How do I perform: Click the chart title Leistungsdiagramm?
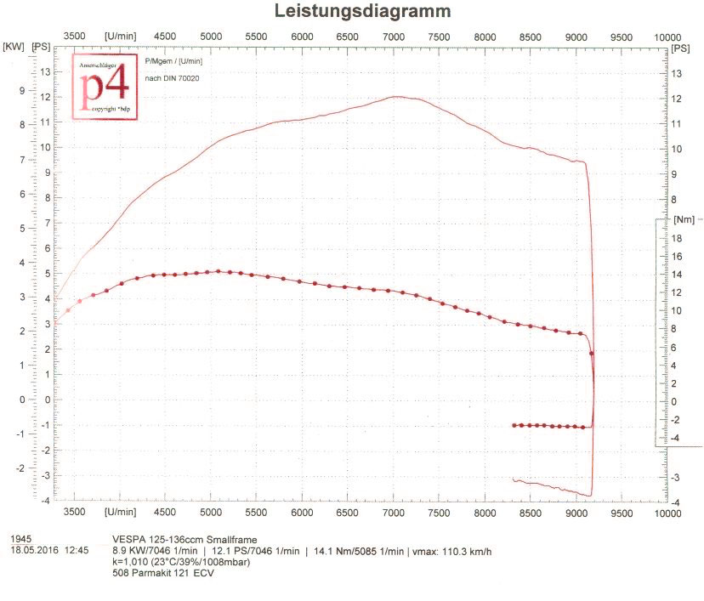click(361, 11)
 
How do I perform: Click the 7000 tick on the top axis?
click(393, 37)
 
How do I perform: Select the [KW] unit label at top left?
click(14, 47)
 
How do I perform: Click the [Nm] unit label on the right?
click(683, 219)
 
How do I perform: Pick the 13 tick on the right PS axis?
click(676, 74)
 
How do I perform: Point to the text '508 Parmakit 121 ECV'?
click(162, 573)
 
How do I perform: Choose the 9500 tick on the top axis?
click(622, 37)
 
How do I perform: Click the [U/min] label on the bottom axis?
click(120, 512)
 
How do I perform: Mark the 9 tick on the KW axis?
click(22, 90)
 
